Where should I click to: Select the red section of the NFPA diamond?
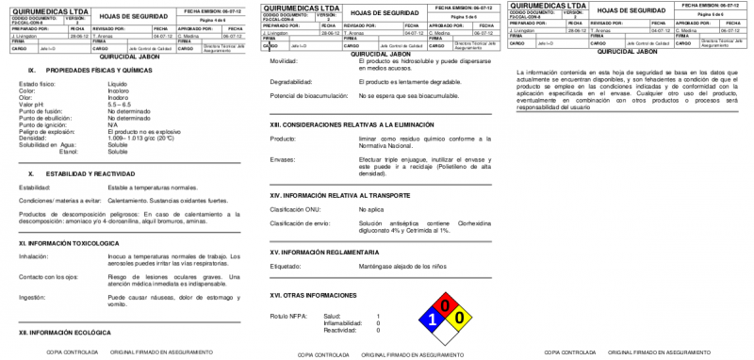click(x=446, y=305)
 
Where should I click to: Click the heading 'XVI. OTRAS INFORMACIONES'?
click(x=313, y=295)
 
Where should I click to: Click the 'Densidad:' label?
click(x=34, y=138)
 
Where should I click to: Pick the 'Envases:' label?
click(x=282, y=159)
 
